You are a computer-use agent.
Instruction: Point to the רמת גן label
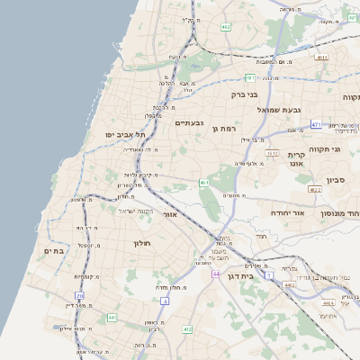[x=222, y=130]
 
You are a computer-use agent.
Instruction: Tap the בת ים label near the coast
[x=55, y=251]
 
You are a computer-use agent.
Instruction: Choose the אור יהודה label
[x=288, y=213]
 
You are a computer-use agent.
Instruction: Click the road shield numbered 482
[x=225, y=28]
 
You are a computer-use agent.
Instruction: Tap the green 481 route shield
[x=249, y=77]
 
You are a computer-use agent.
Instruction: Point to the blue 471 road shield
[x=316, y=124]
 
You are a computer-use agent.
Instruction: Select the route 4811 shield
[x=321, y=58]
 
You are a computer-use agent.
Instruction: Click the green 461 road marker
[x=205, y=183]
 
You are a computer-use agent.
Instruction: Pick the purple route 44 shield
[x=216, y=274]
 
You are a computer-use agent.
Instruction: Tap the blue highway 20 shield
[x=79, y=294]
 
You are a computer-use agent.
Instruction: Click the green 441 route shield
[x=112, y=318]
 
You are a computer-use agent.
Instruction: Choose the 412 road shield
[x=187, y=329]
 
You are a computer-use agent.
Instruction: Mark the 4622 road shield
[x=314, y=190]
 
